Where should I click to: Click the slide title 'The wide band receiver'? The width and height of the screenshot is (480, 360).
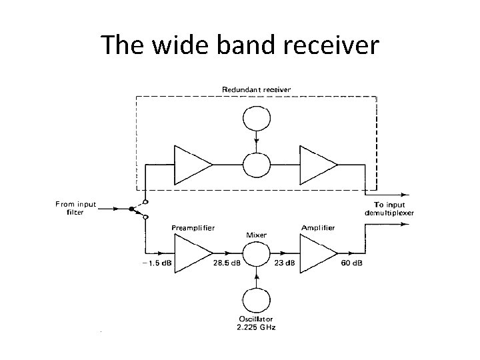click(240, 45)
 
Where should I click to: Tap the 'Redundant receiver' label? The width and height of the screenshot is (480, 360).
click(256, 89)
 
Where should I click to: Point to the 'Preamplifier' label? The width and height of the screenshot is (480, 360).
click(193, 227)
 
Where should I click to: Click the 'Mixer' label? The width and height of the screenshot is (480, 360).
click(257, 235)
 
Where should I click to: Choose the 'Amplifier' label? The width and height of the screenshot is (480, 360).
click(318, 227)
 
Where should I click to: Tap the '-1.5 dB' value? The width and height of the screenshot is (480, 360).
click(157, 263)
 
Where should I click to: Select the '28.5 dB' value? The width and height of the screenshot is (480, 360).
click(227, 263)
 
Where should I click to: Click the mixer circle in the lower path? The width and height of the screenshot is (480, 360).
click(256, 253)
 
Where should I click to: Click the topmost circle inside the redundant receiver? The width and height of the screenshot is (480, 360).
click(256, 120)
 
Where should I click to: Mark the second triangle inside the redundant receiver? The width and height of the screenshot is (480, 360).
click(317, 164)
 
